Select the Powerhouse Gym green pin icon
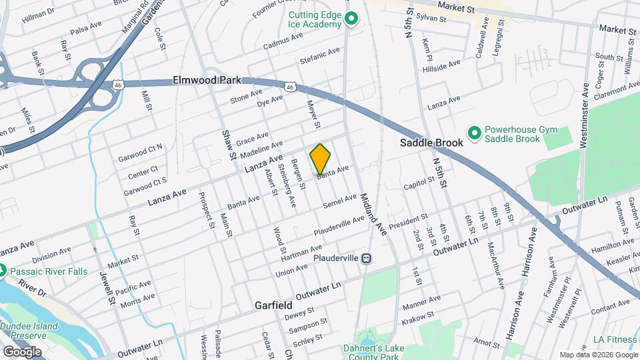[x=474, y=133]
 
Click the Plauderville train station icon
[x=366, y=259]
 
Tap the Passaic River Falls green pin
[x=2, y=271]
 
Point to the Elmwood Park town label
[x=207, y=80]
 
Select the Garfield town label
[x=273, y=305]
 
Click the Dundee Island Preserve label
[x=30, y=331]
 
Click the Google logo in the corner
[x=22, y=351]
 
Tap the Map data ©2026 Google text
[x=598, y=355]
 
